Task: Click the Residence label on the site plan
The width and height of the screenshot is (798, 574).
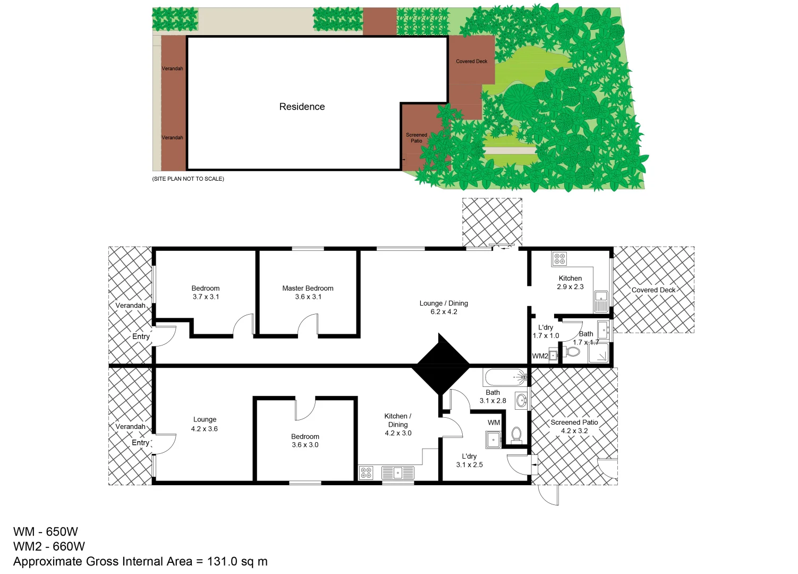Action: point(302,107)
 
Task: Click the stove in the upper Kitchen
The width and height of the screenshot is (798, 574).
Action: point(559,259)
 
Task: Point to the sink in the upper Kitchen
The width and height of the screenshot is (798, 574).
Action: point(601,301)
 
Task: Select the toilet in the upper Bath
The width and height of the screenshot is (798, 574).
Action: point(573,352)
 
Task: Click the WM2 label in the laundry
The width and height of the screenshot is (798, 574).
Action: point(540,356)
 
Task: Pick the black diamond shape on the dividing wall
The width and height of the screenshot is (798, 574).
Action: point(440,365)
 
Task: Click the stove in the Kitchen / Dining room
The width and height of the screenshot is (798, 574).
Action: point(366,472)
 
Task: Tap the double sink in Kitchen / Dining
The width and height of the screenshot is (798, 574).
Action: point(397,472)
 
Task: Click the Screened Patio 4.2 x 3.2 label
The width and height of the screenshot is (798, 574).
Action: point(574,426)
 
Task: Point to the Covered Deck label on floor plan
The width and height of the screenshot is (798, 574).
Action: point(653,290)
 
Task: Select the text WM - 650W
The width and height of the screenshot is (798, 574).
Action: point(46,531)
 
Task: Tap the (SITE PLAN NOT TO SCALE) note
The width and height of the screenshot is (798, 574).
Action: point(188,179)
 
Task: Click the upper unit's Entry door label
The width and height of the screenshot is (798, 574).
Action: point(141,336)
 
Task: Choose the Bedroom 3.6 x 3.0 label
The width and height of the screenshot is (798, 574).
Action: point(305,441)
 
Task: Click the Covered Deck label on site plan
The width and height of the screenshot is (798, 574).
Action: point(471,62)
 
